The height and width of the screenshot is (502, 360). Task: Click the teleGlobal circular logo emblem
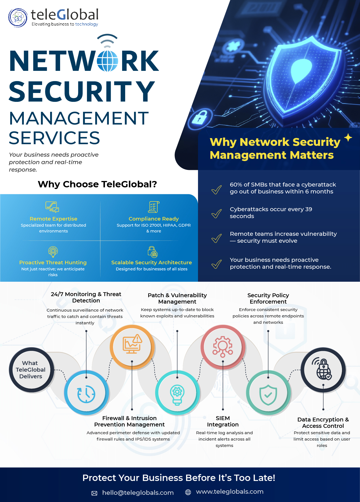click(18, 18)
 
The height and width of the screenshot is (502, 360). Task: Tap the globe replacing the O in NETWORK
click(107, 61)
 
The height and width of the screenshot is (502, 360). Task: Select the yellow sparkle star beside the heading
click(348, 138)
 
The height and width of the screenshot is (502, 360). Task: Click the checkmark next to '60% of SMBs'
click(217, 190)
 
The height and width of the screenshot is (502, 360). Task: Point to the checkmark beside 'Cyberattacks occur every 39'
click(217, 214)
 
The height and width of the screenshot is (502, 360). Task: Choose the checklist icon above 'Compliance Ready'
click(153, 207)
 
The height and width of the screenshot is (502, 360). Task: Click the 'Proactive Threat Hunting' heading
click(53, 262)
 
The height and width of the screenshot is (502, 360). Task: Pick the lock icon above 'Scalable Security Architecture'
click(152, 252)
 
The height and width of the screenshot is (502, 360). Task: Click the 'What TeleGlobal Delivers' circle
click(31, 370)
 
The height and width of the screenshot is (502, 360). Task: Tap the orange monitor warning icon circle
click(132, 346)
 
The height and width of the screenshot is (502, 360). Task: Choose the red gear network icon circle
click(223, 346)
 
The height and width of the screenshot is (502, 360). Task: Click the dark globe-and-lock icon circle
click(323, 370)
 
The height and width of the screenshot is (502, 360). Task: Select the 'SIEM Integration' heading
click(223, 421)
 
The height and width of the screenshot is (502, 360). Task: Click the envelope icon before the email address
click(94, 493)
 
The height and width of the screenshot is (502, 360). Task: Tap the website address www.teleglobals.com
click(230, 492)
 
